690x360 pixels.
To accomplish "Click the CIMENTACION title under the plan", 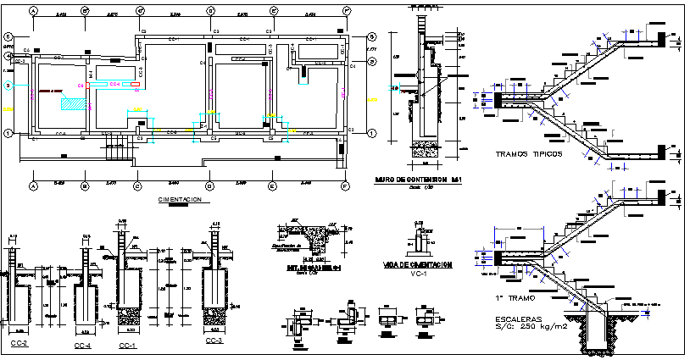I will [181, 199].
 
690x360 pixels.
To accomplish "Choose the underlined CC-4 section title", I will [85, 343].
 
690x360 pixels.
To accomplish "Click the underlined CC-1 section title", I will [127, 346].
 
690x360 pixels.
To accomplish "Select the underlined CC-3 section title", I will [214, 341].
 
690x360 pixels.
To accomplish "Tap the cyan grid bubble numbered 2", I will [7, 86].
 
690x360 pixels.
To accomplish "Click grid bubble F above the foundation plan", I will [346, 11].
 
